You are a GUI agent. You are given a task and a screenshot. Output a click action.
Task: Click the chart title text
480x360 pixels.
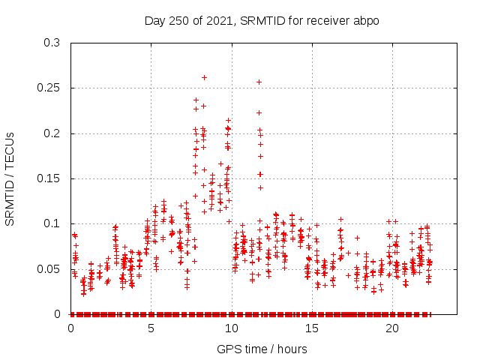(262, 20)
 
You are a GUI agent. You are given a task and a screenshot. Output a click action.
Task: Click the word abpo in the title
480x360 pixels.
(367, 20)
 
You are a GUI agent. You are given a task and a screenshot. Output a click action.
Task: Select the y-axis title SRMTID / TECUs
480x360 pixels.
(10, 178)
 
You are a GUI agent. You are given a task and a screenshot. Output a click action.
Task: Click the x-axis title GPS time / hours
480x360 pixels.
(262, 349)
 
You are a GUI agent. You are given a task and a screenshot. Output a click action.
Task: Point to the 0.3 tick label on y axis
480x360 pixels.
(52, 43)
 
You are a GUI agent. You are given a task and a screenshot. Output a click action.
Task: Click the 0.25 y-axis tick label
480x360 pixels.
(49, 88)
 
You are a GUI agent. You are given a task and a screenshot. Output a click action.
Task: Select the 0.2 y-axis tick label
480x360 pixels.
(52, 133)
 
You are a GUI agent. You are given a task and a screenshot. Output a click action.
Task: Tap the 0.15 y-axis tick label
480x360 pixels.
(49, 178)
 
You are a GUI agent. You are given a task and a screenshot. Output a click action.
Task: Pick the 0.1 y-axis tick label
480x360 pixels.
(52, 223)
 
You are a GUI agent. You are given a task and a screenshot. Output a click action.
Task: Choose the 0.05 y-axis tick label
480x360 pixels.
(49, 268)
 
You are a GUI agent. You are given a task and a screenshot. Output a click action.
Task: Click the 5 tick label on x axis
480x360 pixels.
(151, 328)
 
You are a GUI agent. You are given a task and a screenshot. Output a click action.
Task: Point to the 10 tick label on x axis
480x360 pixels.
(231, 328)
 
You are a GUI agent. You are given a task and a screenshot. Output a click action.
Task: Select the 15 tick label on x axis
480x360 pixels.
(311, 328)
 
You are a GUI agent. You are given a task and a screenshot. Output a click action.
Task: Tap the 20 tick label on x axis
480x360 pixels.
(391, 328)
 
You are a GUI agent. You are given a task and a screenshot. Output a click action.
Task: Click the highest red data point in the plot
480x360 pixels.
(204, 77)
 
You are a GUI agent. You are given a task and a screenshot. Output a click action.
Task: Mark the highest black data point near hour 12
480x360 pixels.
(259, 82)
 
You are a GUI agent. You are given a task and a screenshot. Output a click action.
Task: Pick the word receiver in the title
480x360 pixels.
(331, 20)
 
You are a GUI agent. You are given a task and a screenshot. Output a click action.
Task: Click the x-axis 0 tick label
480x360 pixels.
(70, 328)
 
